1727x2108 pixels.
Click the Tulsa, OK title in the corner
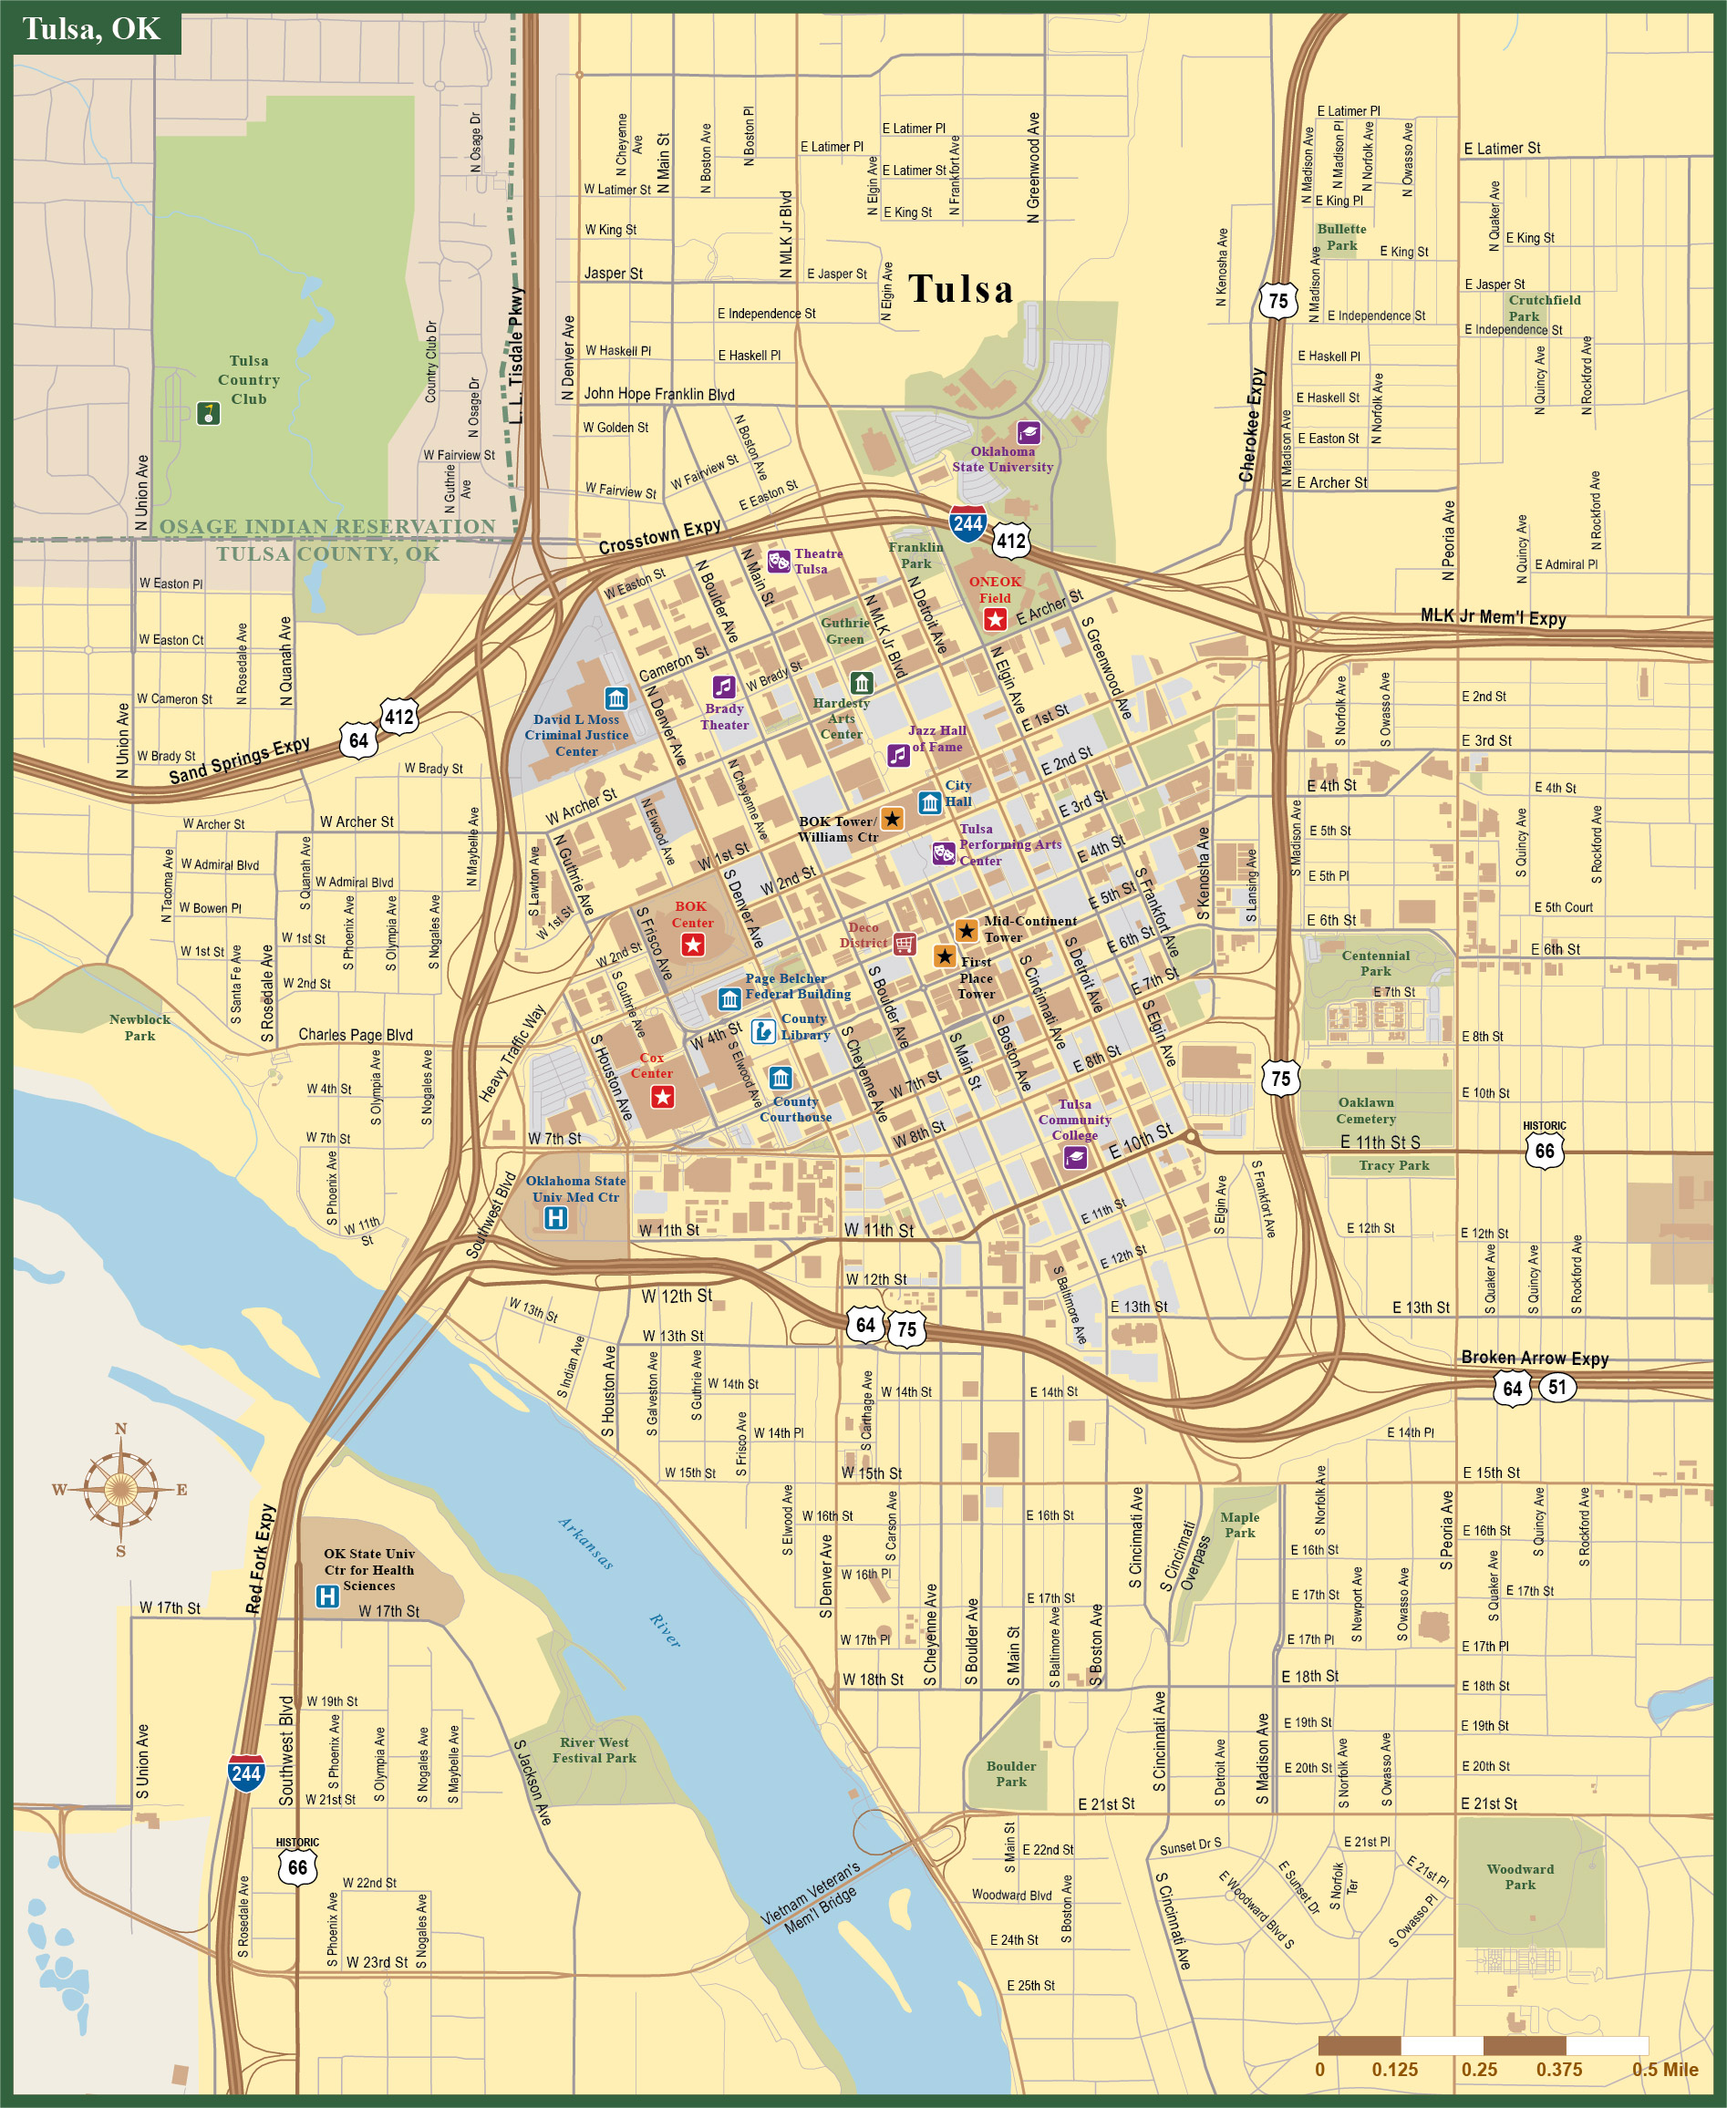(90, 29)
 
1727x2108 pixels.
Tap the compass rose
(120, 1489)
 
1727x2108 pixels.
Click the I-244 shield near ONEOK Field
(967, 523)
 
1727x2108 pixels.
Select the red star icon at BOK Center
(692, 944)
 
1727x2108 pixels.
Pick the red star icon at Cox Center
(663, 1096)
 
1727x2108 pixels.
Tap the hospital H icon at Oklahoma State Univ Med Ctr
(555, 1217)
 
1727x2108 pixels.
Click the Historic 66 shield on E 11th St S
(1544, 1150)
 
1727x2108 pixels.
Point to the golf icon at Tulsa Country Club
(208, 412)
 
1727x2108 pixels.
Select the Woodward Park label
(1519, 1876)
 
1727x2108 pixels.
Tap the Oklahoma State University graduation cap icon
(1028, 432)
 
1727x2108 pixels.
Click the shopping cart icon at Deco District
(905, 943)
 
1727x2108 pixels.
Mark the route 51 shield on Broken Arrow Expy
(1556, 1387)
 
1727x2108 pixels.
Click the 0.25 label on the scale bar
(1479, 2069)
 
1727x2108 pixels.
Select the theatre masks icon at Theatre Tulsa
(778, 562)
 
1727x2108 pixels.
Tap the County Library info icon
(763, 1030)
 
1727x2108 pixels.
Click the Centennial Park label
(1375, 963)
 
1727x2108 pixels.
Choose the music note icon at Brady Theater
(723, 687)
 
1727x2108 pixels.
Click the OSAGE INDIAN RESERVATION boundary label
(327, 526)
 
